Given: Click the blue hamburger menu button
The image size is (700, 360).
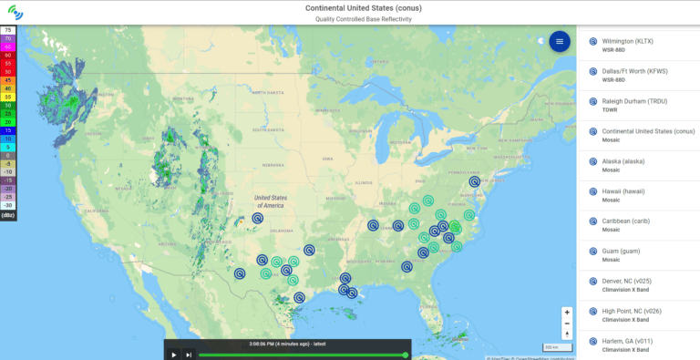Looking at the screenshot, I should coord(560,42).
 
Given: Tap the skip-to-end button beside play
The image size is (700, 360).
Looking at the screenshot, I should coord(189,355).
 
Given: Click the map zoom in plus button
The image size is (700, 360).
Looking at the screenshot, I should coord(567,312).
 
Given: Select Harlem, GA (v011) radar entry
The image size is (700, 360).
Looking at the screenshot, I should coord(633,344).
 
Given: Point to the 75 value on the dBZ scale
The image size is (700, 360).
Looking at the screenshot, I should coord(8,30).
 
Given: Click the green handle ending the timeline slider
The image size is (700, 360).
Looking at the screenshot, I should coord(405,355).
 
